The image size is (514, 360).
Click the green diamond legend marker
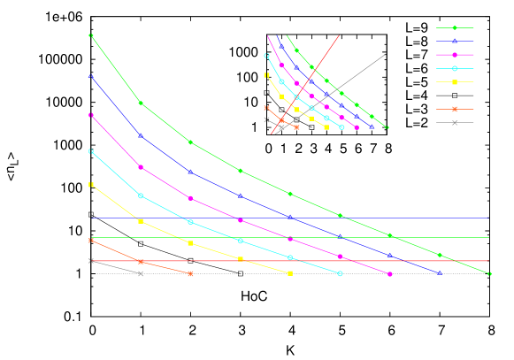[x=455, y=27]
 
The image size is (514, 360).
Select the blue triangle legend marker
[x=455, y=41]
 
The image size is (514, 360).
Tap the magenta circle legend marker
[x=455, y=55]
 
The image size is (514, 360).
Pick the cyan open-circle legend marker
[x=455, y=68]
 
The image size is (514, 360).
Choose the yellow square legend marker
[x=455, y=82]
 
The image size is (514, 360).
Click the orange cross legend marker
[x=455, y=109]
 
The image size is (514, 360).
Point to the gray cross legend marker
[x=455, y=122]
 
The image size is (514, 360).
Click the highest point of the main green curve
[x=91, y=35]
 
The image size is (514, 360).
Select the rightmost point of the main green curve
[x=489, y=274]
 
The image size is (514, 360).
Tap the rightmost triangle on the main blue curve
[x=440, y=273]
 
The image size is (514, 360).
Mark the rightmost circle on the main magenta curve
[x=390, y=274]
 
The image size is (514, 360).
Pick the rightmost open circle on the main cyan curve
[x=340, y=273]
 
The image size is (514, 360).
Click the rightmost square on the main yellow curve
[x=290, y=273]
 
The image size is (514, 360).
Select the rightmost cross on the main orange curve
[x=190, y=274]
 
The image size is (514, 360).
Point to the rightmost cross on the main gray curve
[x=141, y=274]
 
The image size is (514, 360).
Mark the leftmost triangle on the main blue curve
[x=91, y=77]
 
